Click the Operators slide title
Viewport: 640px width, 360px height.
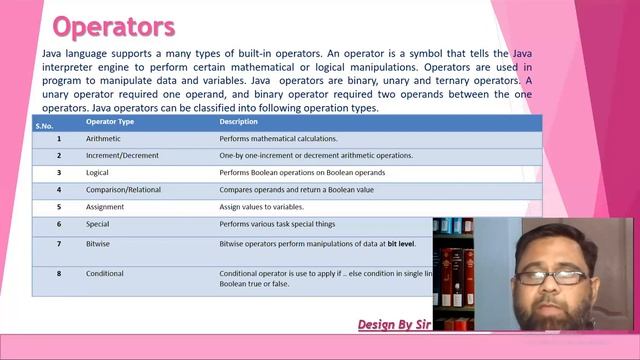[113, 25]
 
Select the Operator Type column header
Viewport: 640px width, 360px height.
[110, 122]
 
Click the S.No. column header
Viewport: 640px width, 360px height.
[44, 125]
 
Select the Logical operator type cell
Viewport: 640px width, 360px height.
[98, 173]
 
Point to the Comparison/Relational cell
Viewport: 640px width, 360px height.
[123, 190]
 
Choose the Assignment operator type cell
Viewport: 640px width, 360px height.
[106, 207]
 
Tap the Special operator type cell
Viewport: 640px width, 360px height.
[98, 224]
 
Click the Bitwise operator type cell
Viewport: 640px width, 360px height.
[99, 244]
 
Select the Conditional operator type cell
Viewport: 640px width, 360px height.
[105, 273]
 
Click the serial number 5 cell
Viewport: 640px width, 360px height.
[59, 207]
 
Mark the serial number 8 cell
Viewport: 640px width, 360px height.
[59, 273]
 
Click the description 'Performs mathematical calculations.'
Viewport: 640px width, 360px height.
[278, 139]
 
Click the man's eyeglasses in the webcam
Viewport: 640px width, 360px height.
[550, 276]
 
